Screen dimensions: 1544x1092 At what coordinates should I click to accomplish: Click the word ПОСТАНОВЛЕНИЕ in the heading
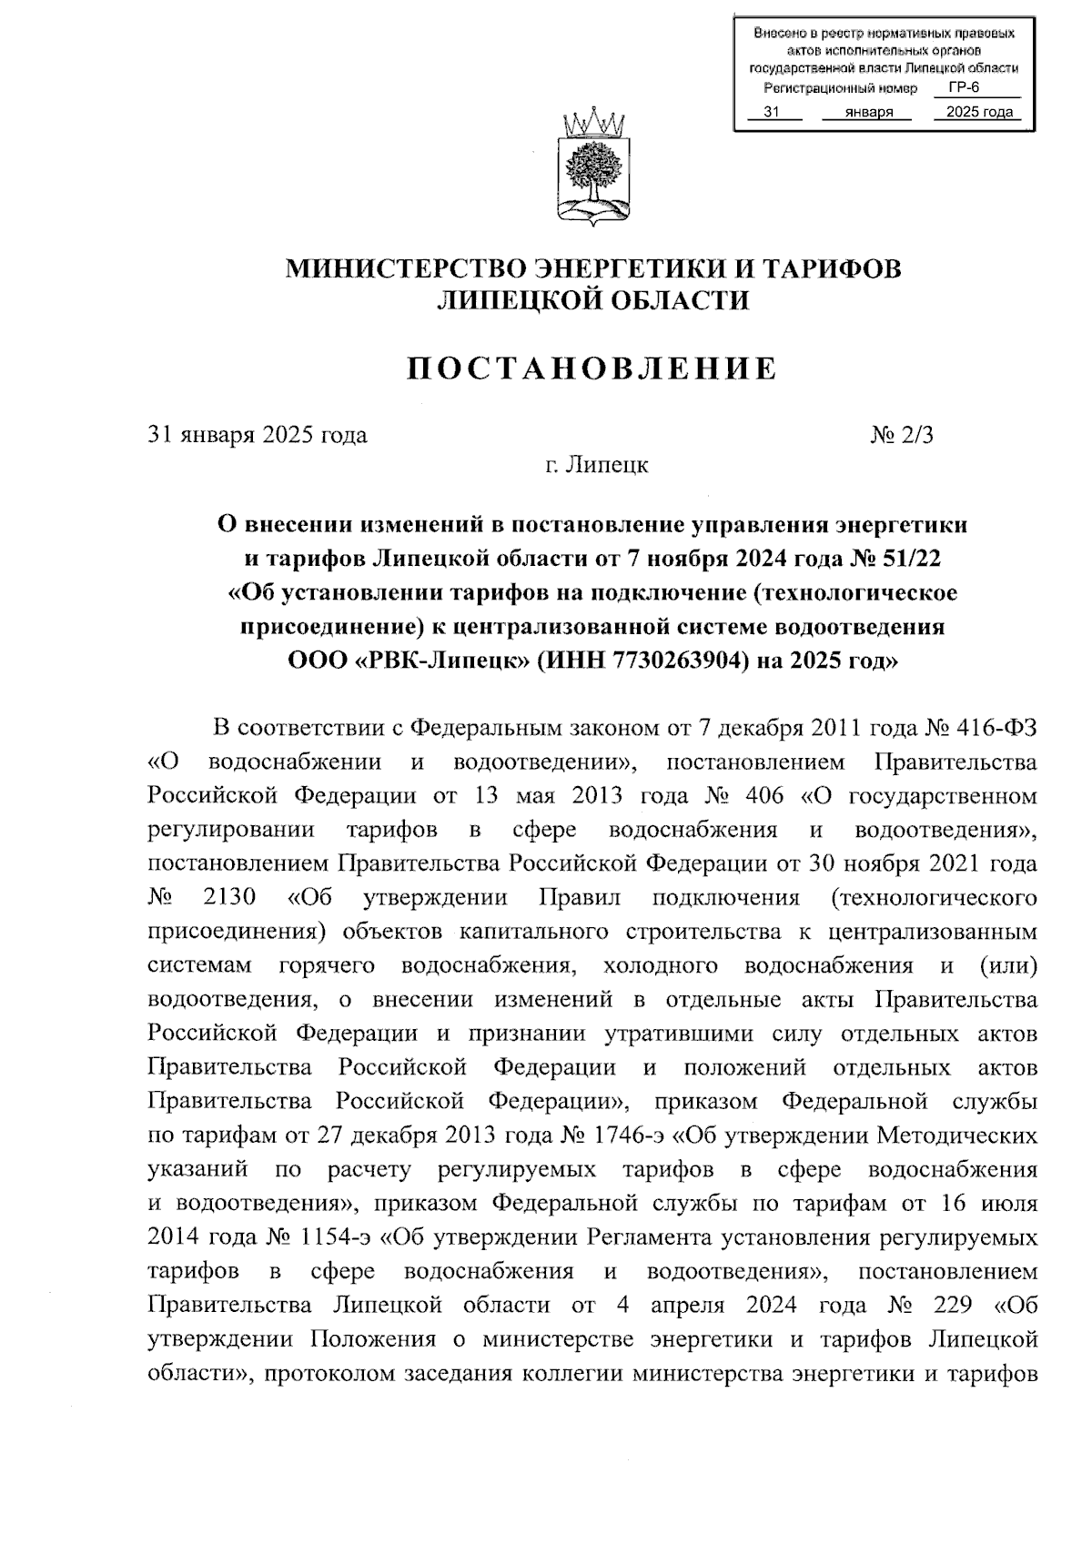point(591,368)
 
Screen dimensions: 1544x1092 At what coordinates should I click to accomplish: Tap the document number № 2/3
point(902,435)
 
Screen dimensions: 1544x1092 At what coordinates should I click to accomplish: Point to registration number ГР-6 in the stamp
point(963,88)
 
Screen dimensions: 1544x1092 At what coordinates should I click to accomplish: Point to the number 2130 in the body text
point(230,898)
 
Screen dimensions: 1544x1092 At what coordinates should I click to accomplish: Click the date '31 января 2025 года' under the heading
point(258,435)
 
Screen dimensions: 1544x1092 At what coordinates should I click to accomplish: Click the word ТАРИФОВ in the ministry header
point(831,269)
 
